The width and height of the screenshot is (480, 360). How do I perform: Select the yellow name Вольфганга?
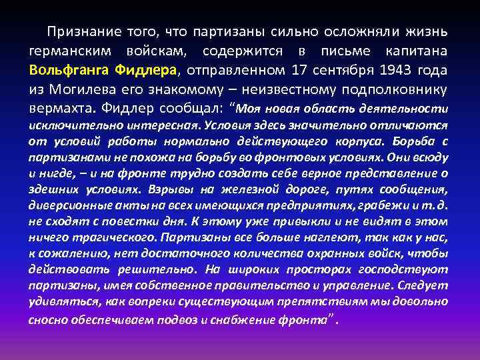[70, 70]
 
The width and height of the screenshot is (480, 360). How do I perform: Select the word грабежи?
[385, 205]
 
